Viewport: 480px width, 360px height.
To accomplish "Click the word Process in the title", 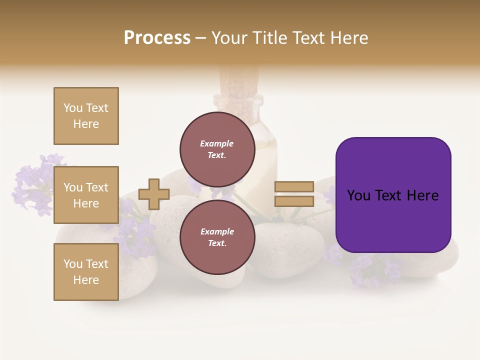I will (x=157, y=38).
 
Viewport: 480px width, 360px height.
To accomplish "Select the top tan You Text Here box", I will (x=86, y=116).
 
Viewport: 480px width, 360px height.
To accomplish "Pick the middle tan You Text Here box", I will (x=86, y=195).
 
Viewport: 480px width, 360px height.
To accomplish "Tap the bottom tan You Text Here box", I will (x=86, y=272).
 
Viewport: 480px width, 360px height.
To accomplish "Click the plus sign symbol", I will (x=154, y=194).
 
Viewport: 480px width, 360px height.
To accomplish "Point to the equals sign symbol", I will (x=294, y=194).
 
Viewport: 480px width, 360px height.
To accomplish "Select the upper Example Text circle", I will (x=217, y=149).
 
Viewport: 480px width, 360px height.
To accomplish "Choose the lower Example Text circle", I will (x=217, y=237).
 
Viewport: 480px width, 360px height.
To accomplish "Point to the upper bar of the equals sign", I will (x=294, y=186).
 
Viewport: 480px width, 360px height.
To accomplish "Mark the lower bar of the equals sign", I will (x=294, y=201).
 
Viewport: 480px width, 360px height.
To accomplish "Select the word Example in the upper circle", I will (x=217, y=143).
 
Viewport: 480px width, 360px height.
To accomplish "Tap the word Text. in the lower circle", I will (x=217, y=243).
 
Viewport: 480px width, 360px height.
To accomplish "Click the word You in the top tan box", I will (x=73, y=108).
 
